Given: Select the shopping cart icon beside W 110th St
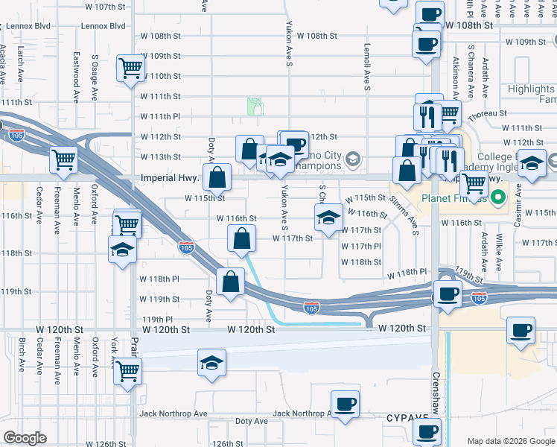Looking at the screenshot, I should [130, 69].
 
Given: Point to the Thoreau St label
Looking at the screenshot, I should [488, 114].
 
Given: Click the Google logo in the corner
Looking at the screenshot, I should [25, 438].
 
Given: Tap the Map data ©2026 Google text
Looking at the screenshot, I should [511, 440].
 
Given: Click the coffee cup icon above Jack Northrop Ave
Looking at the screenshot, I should [343, 404].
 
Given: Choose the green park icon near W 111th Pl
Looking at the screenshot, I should [255, 107].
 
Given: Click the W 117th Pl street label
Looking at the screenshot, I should [361, 246].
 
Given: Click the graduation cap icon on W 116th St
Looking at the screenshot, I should [326, 217].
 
